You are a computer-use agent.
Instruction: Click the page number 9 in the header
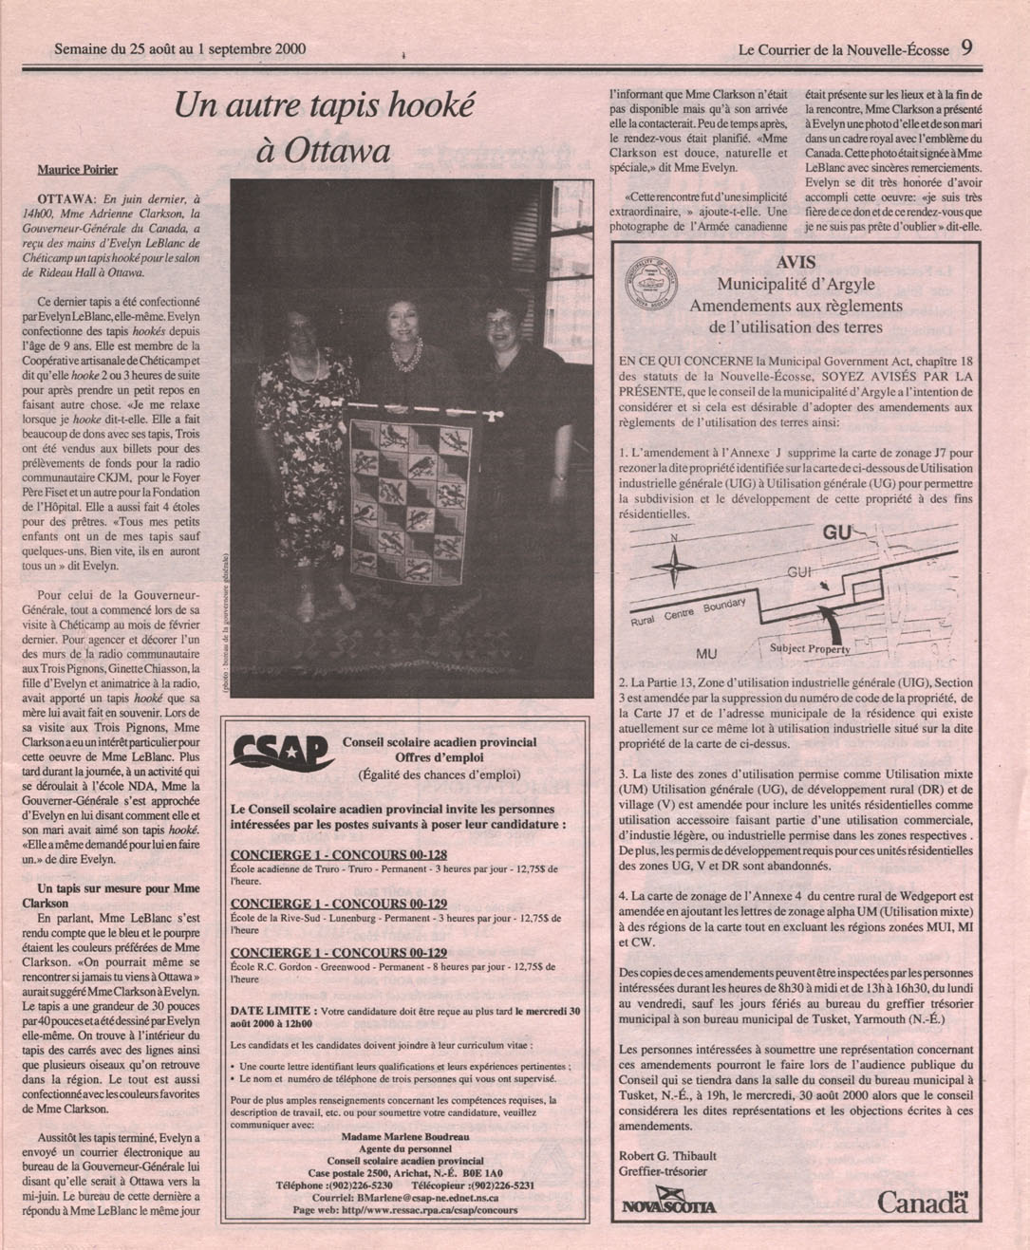coord(965,47)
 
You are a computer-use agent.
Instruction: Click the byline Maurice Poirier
coord(78,170)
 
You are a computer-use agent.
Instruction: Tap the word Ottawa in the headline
coord(324,152)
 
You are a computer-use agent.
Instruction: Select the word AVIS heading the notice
coord(796,263)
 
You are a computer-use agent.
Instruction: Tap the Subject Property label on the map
coord(810,649)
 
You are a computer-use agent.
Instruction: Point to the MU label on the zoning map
coord(706,654)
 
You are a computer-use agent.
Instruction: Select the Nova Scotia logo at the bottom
coord(669,1205)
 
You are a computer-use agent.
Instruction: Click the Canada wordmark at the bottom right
coord(922,1203)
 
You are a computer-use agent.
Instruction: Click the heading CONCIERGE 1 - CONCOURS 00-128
coord(339,855)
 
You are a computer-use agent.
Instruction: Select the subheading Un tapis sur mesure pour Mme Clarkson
coord(119,896)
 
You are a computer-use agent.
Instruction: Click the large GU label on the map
coord(837,533)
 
